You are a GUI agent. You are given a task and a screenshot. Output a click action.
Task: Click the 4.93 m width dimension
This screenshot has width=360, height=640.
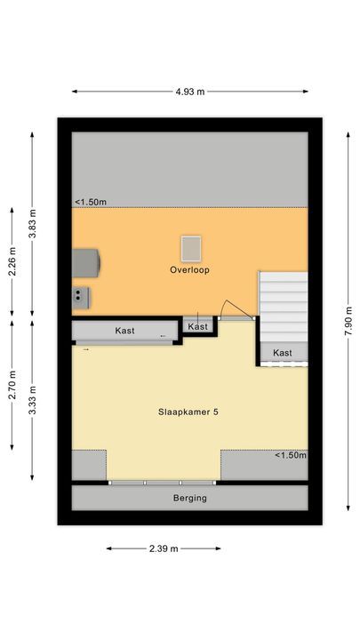189,91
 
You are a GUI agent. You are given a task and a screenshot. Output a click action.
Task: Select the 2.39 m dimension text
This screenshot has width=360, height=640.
164,548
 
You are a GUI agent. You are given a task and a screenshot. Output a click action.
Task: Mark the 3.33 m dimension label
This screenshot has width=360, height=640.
34,401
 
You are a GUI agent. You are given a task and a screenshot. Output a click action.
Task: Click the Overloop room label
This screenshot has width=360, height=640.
190,270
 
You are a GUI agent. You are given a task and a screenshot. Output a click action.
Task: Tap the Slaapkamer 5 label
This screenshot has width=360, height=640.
188,411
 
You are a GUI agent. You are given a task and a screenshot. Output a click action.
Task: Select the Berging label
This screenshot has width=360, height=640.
189,498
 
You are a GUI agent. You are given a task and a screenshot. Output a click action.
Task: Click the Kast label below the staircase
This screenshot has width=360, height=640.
283,353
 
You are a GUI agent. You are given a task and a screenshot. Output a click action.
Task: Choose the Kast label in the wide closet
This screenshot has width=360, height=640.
124,331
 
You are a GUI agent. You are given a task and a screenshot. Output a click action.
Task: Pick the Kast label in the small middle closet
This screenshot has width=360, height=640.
198,327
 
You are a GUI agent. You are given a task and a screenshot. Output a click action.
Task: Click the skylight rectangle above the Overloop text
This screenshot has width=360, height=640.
190,247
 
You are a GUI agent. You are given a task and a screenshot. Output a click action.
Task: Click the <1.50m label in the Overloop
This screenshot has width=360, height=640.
91,203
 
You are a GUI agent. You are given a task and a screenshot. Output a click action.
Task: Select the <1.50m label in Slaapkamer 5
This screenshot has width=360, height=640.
290,456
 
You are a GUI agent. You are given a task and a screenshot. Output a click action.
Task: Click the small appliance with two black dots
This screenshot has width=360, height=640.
81,295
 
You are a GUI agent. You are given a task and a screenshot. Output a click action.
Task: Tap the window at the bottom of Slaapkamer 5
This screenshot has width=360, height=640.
164,483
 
